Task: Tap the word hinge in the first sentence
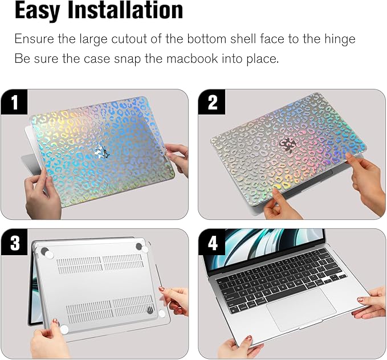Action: pos(340,39)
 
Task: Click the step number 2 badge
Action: pos(213,103)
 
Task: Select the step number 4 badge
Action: pos(213,243)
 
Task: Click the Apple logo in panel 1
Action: pos(103,152)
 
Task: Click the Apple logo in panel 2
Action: pos(287,144)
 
